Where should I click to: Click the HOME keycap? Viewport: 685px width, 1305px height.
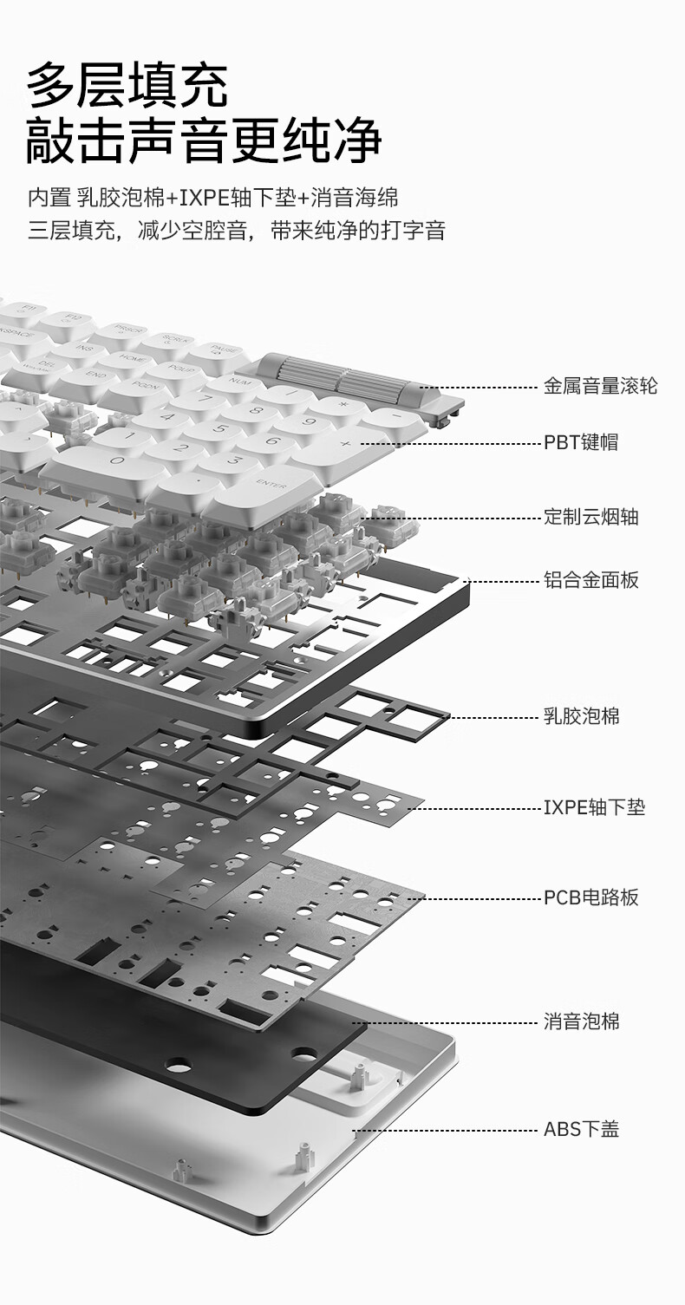point(133,357)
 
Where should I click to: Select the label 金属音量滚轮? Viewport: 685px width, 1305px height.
point(600,386)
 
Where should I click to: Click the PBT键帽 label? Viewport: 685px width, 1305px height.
point(581,442)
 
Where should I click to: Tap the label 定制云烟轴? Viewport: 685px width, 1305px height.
point(590,518)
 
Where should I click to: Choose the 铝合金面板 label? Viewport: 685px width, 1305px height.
point(590,580)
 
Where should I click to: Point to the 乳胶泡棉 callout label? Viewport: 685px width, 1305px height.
point(581,716)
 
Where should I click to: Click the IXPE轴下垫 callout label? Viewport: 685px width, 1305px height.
point(594,808)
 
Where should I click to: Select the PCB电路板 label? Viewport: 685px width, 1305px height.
point(590,897)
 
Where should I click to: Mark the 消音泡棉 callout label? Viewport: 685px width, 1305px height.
point(581,1021)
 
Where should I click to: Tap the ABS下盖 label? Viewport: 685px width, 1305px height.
point(581,1129)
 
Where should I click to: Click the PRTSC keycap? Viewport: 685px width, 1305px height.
point(121,333)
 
